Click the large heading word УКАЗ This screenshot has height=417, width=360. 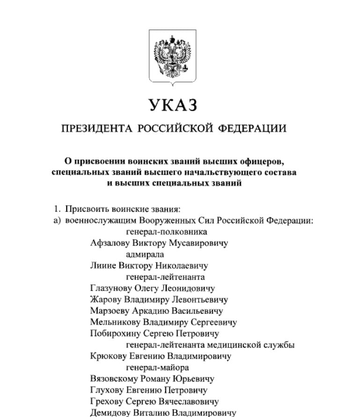click(173, 105)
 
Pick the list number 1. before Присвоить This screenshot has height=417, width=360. click(58, 209)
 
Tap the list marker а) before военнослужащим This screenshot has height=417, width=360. click(58, 220)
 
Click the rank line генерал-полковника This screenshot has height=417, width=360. click(167, 232)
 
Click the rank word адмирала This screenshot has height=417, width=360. click(145, 254)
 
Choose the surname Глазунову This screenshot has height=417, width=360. click(111, 289)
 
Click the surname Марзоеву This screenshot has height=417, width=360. click(110, 311)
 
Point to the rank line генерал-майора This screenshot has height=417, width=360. click(158, 368)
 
